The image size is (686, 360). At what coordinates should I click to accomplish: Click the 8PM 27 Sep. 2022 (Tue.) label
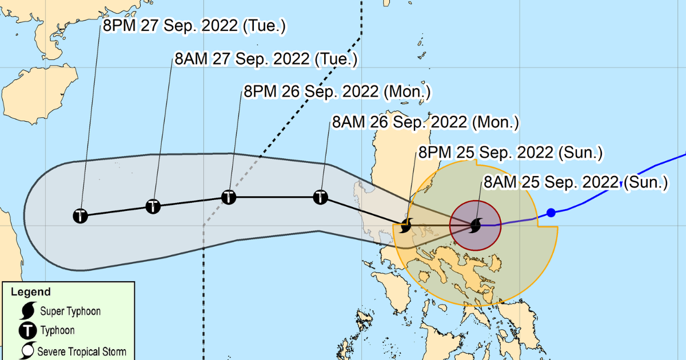pyautogui.click(x=194, y=26)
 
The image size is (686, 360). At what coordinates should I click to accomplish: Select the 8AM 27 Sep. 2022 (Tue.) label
pyautogui.click(x=266, y=59)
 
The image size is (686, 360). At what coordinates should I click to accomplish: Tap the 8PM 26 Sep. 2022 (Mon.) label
pyautogui.click(x=337, y=91)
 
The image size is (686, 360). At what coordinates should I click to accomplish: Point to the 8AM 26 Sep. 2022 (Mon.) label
pyautogui.click(x=425, y=122)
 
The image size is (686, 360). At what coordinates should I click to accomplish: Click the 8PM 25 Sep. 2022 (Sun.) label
pyautogui.click(x=511, y=153)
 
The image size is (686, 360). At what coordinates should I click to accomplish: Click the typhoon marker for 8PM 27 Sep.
pyautogui.click(x=81, y=216)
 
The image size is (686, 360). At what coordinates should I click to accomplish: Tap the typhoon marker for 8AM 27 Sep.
pyautogui.click(x=153, y=206)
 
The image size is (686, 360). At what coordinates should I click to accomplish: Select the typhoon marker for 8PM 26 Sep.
pyautogui.click(x=229, y=197)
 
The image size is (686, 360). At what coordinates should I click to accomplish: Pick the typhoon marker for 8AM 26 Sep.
pyautogui.click(x=321, y=197)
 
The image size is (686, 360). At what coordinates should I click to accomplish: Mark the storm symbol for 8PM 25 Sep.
pyautogui.click(x=406, y=225)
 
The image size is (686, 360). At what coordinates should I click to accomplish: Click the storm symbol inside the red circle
pyautogui.click(x=476, y=226)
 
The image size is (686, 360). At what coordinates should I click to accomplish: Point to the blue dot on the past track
pyautogui.click(x=551, y=213)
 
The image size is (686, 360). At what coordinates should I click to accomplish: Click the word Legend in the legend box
pyautogui.click(x=30, y=292)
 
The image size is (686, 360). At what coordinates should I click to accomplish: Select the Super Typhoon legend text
pyautogui.click(x=70, y=311)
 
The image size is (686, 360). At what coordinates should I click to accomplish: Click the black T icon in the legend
pyautogui.click(x=26, y=330)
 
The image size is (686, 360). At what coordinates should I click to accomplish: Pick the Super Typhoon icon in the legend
pyautogui.click(x=26, y=311)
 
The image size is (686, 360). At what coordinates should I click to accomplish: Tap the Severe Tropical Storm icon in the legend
pyautogui.click(x=26, y=351)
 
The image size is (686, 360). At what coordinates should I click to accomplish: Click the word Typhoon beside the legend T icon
pyautogui.click(x=57, y=330)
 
